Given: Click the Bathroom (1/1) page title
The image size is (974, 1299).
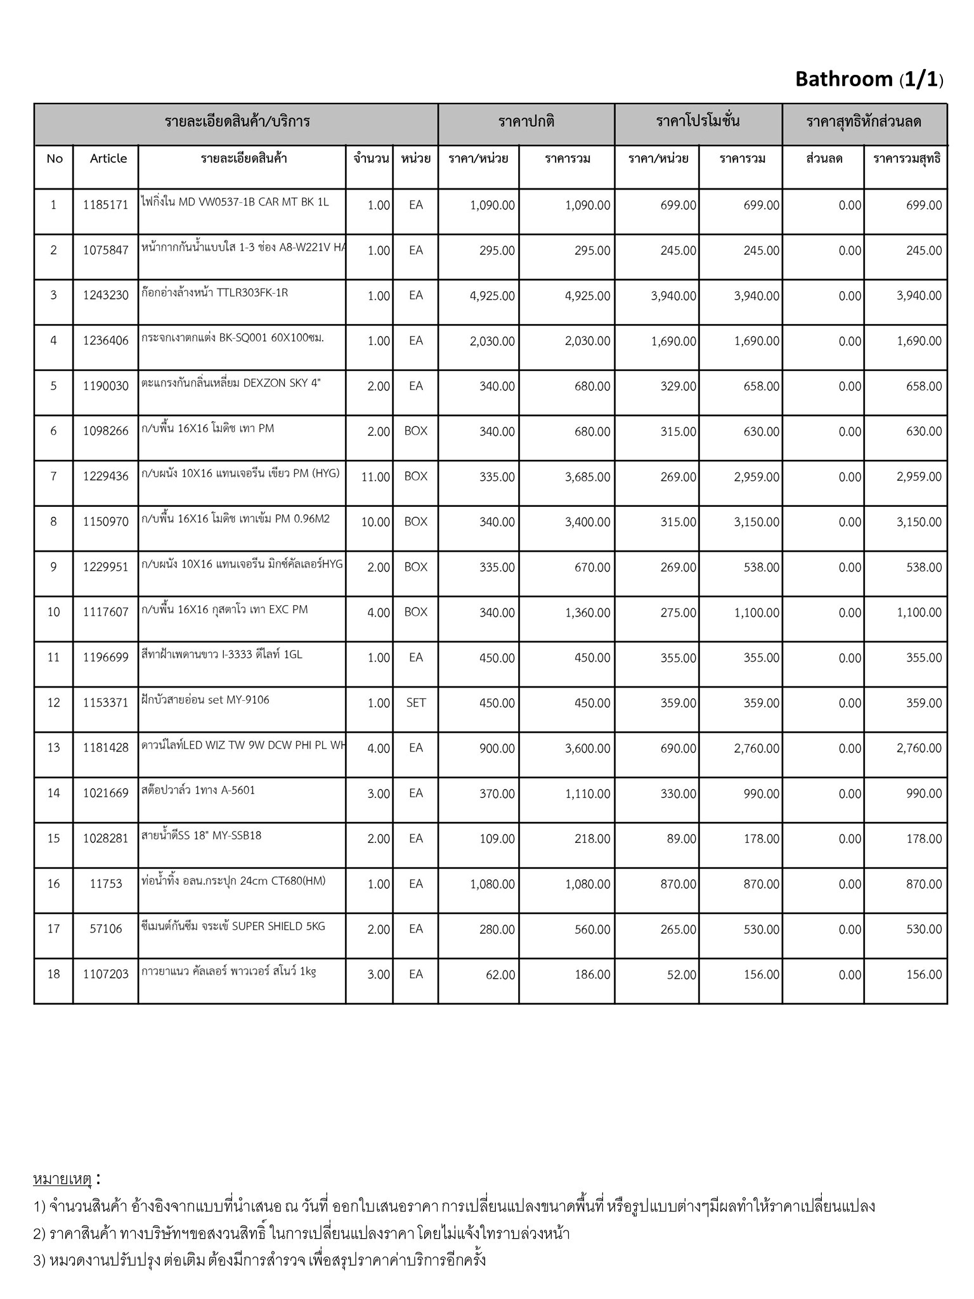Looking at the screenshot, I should [869, 79].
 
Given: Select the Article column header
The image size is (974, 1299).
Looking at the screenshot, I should [108, 159].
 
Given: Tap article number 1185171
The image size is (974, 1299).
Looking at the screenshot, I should [105, 206].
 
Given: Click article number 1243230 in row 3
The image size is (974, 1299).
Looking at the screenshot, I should [105, 296].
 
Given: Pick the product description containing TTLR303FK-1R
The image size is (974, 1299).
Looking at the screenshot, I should [215, 293].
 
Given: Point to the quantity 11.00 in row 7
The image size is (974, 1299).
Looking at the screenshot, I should [375, 477].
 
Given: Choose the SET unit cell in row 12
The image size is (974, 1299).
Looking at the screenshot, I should [415, 703].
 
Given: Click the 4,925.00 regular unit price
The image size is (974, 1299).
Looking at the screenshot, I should [492, 296].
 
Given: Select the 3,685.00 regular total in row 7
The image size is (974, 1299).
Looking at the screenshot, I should [587, 477].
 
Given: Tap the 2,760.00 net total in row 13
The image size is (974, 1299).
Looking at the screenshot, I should [919, 748].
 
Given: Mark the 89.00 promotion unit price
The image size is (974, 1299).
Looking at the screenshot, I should [681, 839].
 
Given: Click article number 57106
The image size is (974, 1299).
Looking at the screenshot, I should [105, 929].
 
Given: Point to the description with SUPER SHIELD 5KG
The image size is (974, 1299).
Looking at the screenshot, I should [233, 926].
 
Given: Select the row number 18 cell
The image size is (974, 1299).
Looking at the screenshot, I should [53, 974].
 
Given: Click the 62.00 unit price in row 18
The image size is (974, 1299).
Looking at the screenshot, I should [500, 975].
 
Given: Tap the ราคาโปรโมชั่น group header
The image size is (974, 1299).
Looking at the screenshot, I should [698, 121].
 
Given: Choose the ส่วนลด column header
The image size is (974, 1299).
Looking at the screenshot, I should [824, 159].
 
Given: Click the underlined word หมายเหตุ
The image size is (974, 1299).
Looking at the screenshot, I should [62, 1179].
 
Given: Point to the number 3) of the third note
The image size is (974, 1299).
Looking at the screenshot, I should [39, 1260].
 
